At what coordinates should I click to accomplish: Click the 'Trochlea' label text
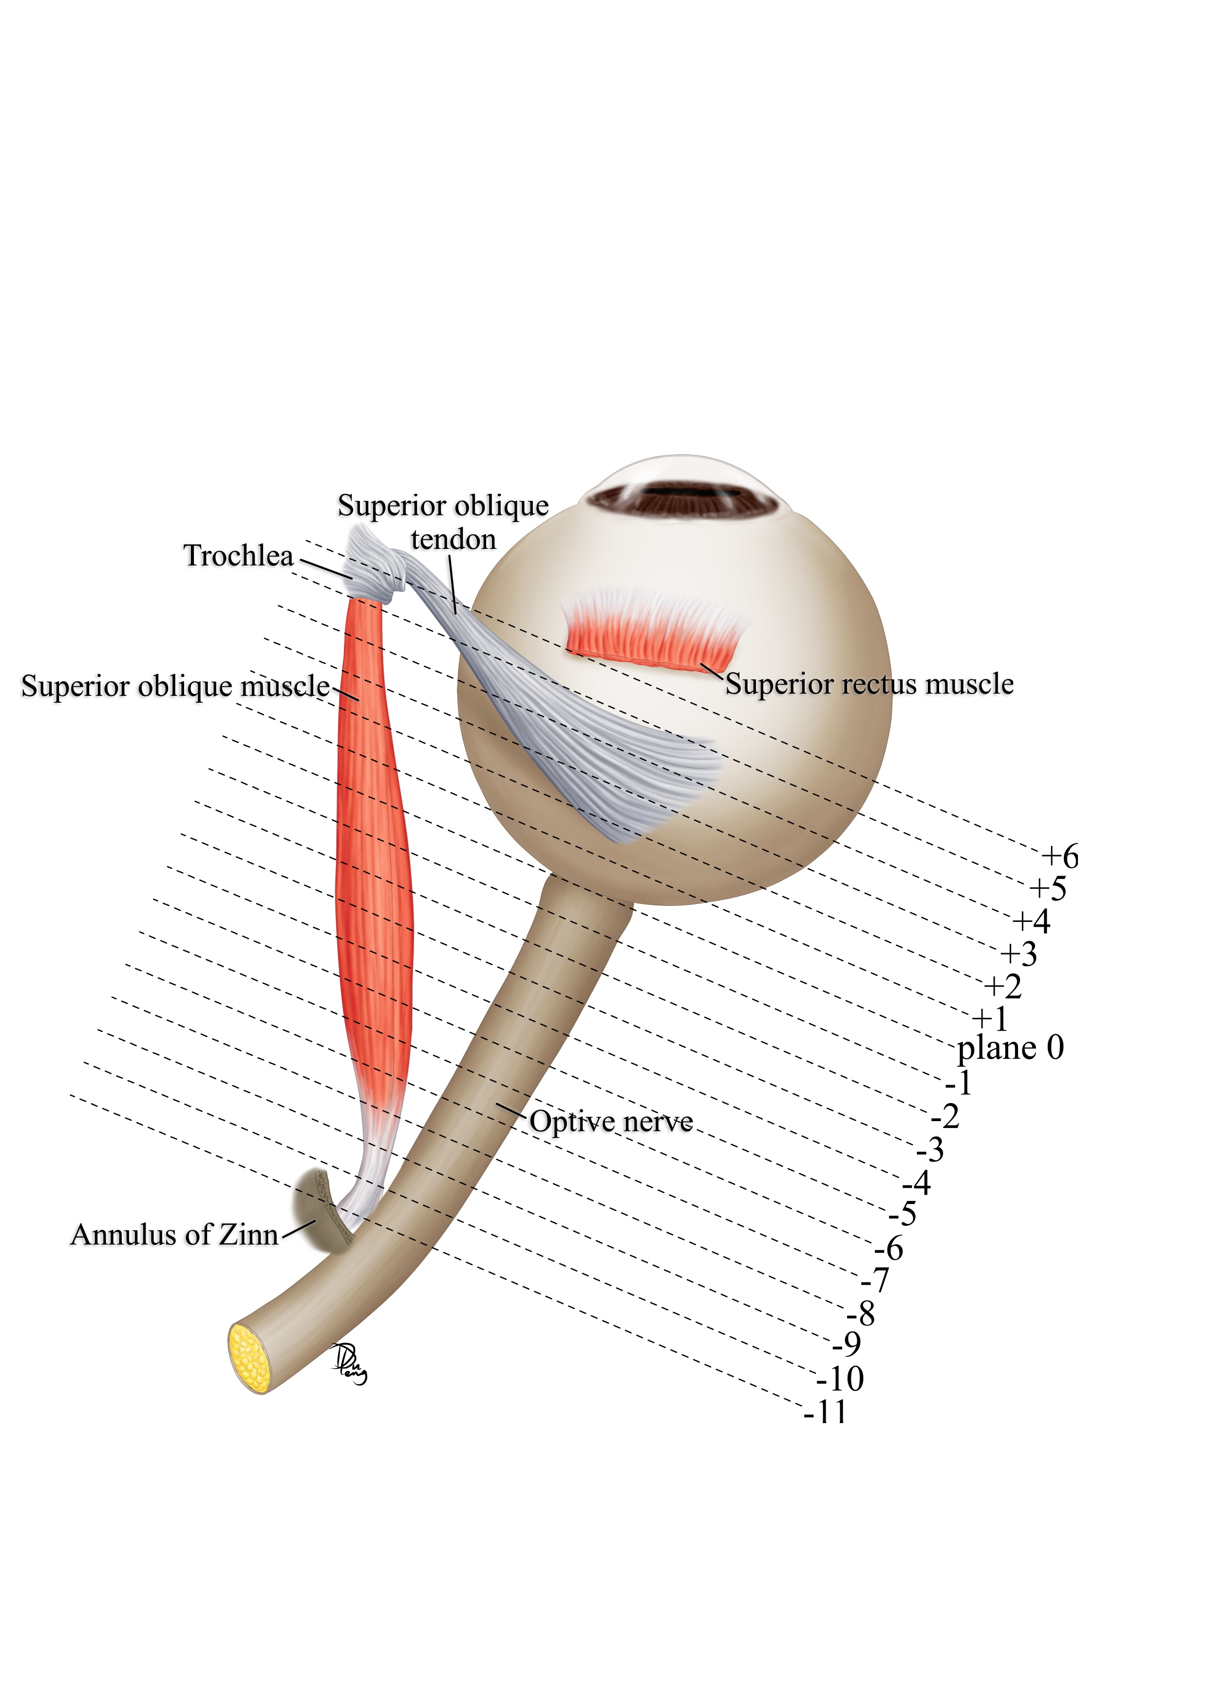click(238, 556)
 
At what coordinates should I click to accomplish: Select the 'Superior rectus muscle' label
click(869, 684)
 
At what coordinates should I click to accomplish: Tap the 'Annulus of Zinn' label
click(174, 1235)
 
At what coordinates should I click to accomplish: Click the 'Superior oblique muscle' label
click(175, 686)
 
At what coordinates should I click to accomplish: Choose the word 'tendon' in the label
click(453, 539)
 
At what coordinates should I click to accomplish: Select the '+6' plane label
click(1059, 857)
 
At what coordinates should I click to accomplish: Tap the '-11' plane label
click(825, 1412)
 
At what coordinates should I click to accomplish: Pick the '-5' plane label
click(902, 1215)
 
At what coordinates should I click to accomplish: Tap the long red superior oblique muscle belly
click(374, 856)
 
